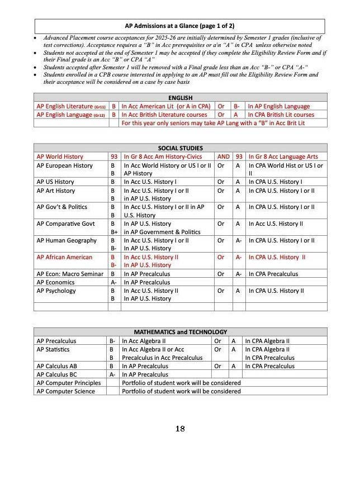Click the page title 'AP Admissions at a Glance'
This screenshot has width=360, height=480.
pyautogui.click(x=179, y=26)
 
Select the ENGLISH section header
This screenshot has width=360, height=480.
pyautogui.click(x=179, y=98)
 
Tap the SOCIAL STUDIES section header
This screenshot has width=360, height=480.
pyautogui.click(x=179, y=148)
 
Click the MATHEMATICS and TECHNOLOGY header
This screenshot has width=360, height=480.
pyautogui.click(x=179, y=332)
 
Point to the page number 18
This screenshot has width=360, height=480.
pyautogui.click(x=179, y=429)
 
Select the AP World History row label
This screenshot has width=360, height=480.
pyautogui.click(x=60, y=157)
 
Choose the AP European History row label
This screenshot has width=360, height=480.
pyautogui.click(x=64, y=165)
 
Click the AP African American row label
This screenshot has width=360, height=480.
pyautogui.click(x=64, y=257)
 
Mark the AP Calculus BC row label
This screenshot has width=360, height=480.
pyautogui.click(x=57, y=374)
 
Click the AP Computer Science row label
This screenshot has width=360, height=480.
pyautogui.click(x=65, y=391)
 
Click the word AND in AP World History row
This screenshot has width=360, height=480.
pyautogui.click(x=223, y=157)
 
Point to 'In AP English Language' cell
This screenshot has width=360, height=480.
pyautogui.click(x=278, y=106)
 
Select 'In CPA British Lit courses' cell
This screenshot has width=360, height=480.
pyautogui.click(x=281, y=115)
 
